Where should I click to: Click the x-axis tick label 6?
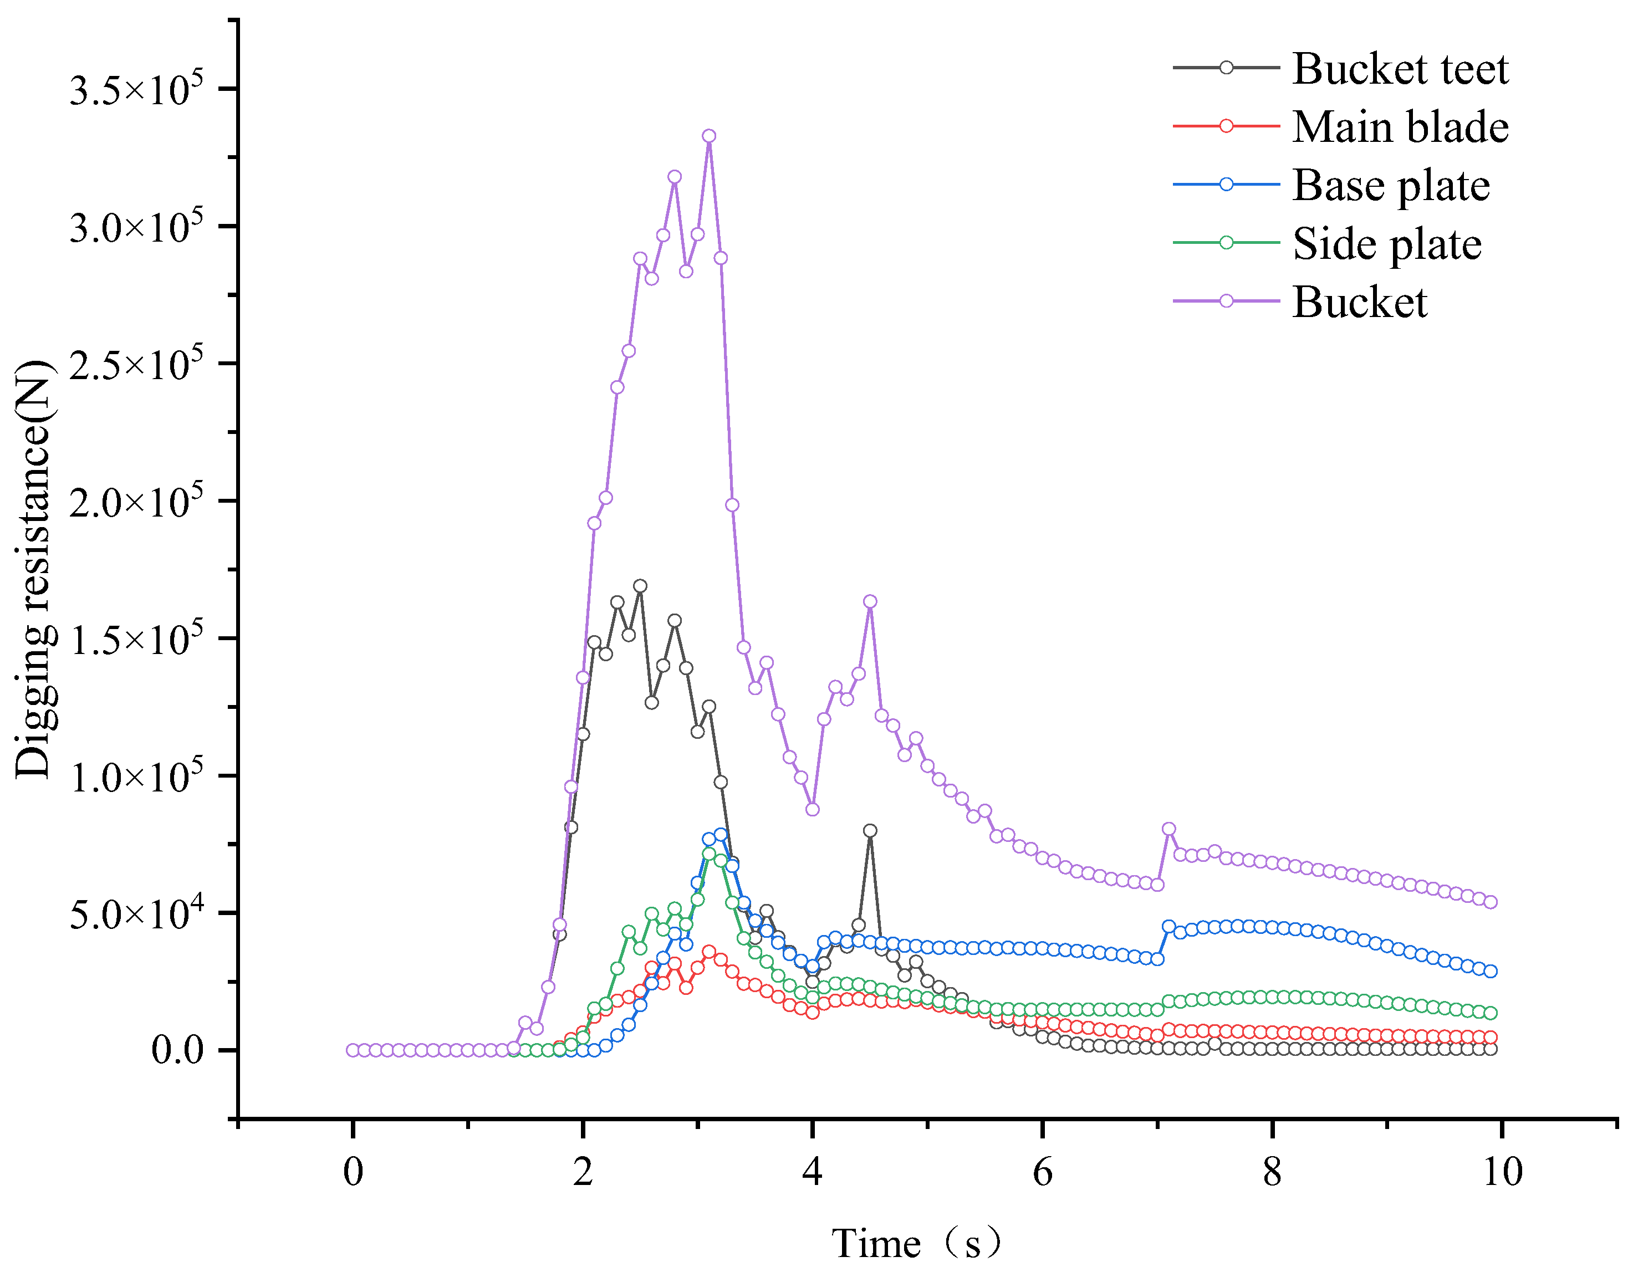(x=1042, y=1172)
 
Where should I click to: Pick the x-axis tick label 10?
(x=1502, y=1172)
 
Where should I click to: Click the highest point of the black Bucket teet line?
(x=640, y=585)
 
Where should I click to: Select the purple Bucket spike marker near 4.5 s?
(x=870, y=601)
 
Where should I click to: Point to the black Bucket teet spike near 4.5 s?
(x=870, y=830)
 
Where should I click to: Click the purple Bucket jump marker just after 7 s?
(x=1168, y=829)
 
